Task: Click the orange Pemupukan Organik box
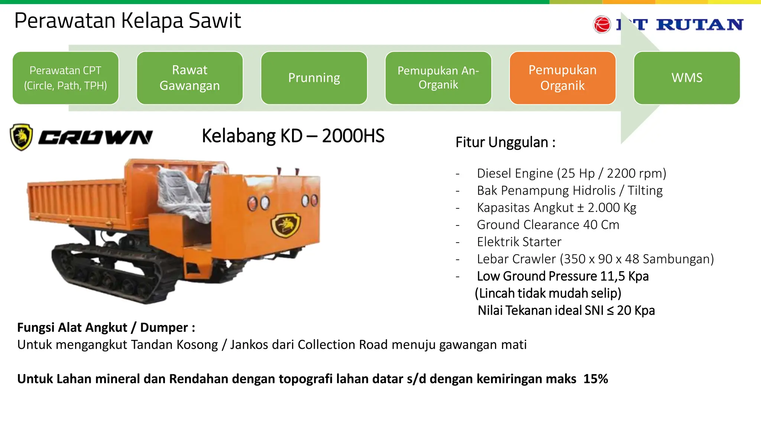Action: (562, 78)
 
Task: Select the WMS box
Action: (687, 78)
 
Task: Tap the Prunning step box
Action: (314, 78)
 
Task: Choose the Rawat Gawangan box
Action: (190, 78)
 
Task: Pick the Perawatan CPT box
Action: (65, 78)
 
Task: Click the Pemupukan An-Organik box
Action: (438, 78)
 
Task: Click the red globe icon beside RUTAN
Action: (602, 25)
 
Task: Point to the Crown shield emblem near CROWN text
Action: (21, 137)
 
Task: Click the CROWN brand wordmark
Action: (95, 137)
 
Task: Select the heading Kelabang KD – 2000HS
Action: (293, 136)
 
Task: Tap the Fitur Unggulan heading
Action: (505, 142)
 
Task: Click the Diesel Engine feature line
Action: (571, 174)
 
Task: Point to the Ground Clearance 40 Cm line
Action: (548, 225)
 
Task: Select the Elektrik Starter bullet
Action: (519, 242)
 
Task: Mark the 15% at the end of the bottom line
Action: (595, 379)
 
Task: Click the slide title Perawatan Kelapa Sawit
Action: (127, 20)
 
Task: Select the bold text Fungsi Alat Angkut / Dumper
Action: (106, 327)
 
